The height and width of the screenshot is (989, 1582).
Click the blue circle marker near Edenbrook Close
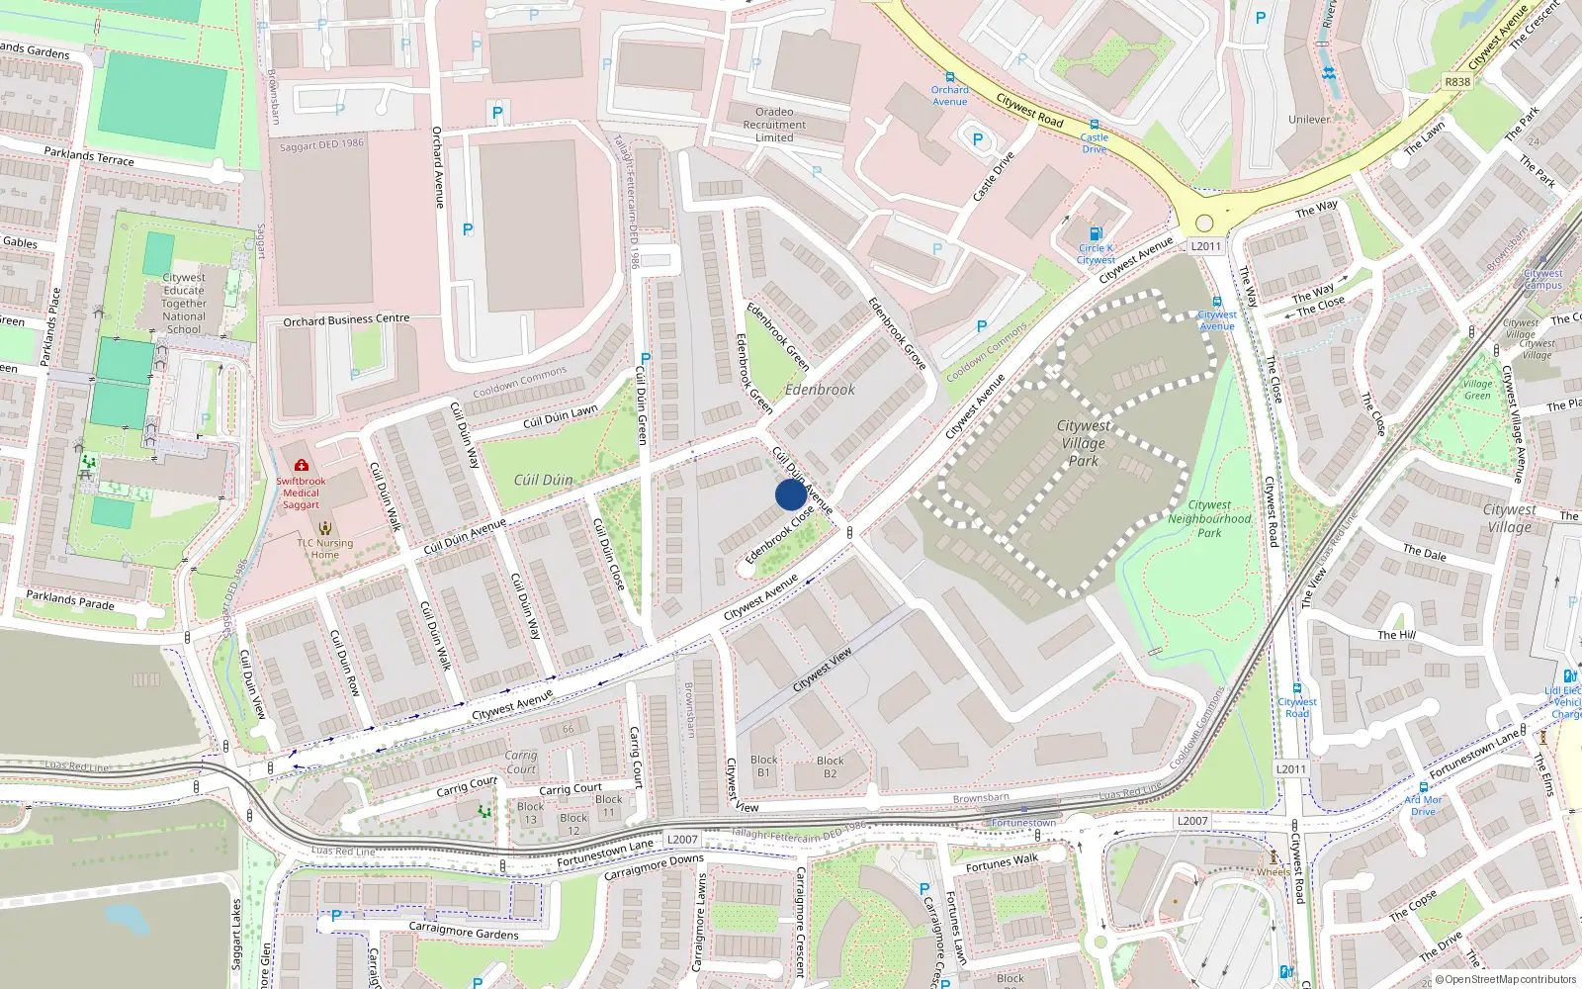[x=790, y=494]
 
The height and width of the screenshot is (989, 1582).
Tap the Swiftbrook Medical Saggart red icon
[x=302, y=465]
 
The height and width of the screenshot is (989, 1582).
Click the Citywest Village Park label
[x=1084, y=443]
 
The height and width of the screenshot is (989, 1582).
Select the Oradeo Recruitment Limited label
[x=774, y=125]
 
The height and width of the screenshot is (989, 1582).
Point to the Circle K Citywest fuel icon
[x=1095, y=233]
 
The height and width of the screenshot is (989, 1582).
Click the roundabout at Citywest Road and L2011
[x=1204, y=224]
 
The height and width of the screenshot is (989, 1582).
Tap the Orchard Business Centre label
[x=346, y=319]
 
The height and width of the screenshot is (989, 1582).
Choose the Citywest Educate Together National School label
[x=184, y=304]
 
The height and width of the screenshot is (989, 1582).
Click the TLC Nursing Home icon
[x=324, y=528]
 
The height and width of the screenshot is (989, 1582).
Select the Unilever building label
[x=1309, y=120]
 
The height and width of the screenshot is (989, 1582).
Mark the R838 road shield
[x=1457, y=82]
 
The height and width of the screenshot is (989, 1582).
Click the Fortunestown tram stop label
[x=1023, y=823]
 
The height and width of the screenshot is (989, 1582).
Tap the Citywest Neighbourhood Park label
[x=1209, y=518]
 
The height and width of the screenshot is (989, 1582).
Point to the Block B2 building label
[x=831, y=767]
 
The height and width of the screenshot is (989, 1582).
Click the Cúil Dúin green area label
[x=543, y=480]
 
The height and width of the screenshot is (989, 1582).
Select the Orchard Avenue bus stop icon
[x=949, y=77]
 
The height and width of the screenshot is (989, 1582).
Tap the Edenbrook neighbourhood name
[x=820, y=390]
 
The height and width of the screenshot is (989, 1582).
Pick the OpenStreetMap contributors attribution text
[x=1505, y=979]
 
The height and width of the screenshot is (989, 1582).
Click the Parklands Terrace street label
[x=89, y=156]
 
